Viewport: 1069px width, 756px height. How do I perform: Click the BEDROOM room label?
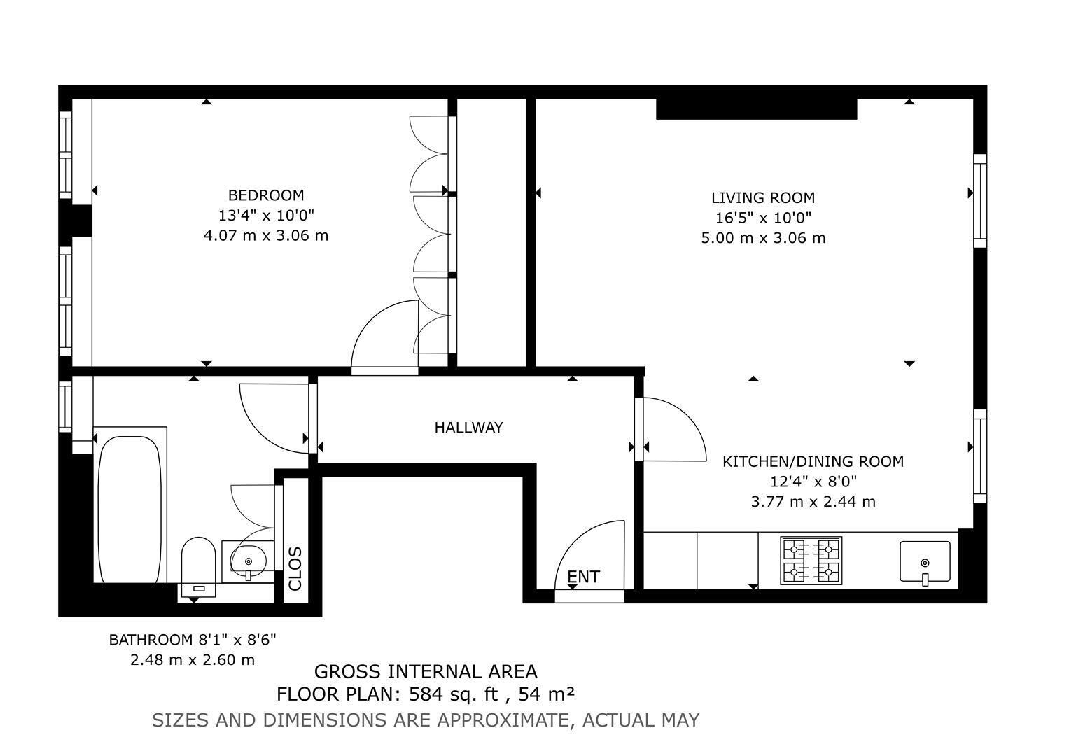[266, 195]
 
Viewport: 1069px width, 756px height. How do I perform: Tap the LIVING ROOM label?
[763, 197]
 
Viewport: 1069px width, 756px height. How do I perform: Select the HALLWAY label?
[468, 428]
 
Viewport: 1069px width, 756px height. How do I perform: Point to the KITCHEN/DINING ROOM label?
[813, 461]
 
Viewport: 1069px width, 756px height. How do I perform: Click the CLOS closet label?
[295, 569]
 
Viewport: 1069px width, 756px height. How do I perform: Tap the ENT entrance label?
[583, 577]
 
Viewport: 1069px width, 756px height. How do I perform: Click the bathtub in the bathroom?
[130, 510]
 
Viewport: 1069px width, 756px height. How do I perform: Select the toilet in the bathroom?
[198, 567]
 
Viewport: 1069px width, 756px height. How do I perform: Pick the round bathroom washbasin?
[248, 559]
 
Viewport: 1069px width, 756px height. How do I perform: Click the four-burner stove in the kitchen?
[811, 561]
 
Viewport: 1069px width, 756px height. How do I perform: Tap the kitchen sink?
[925, 561]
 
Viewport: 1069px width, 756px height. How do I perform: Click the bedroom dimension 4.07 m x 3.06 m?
[266, 236]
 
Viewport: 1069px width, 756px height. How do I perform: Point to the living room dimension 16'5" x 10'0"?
[763, 218]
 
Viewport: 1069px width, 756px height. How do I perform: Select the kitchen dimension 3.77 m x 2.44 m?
[813, 502]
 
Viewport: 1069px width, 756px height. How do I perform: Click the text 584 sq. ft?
[454, 694]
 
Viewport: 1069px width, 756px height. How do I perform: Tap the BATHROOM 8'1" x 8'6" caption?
[193, 640]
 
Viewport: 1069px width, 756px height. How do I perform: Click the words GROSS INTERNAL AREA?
[426, 672]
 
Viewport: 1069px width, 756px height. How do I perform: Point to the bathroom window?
[65, 407]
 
